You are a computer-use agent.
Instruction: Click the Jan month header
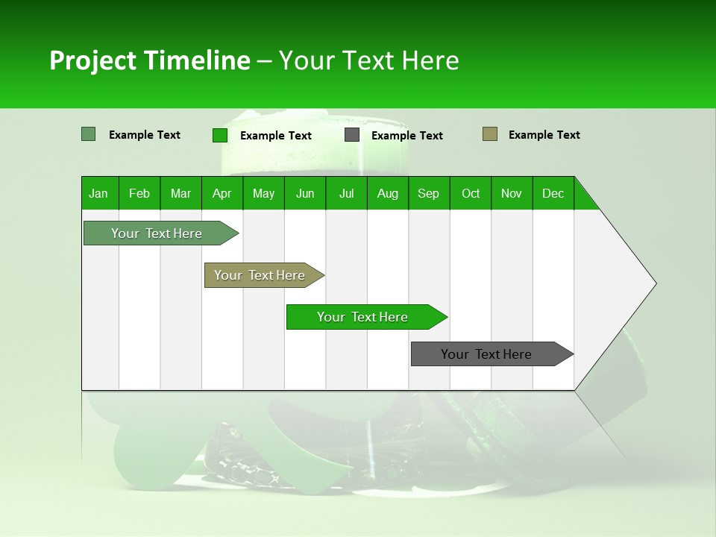(x=98, y=193)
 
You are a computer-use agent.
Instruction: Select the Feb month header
(x=139, y=193)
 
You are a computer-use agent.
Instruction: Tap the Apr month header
(x=222, y=193)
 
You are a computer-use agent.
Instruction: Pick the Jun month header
(x=305, y=193)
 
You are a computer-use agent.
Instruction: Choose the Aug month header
(x=388, y=193)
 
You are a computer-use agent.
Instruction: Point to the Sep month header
(x=428, y=193)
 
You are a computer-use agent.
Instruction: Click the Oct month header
(x=471, y=193)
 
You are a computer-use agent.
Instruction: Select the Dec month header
(x=553, y=193)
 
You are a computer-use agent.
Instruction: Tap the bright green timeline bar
(x=363, y=317)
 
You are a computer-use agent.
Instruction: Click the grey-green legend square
(x=89, y=134)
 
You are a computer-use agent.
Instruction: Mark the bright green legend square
(x=220, y=135)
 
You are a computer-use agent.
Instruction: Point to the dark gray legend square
(x=352, y=135)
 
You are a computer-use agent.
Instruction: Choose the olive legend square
(x=490, y=134)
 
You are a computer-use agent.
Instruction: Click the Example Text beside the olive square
(x=544, y=135)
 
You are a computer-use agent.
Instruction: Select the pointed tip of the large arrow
(x=654, y=283)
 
